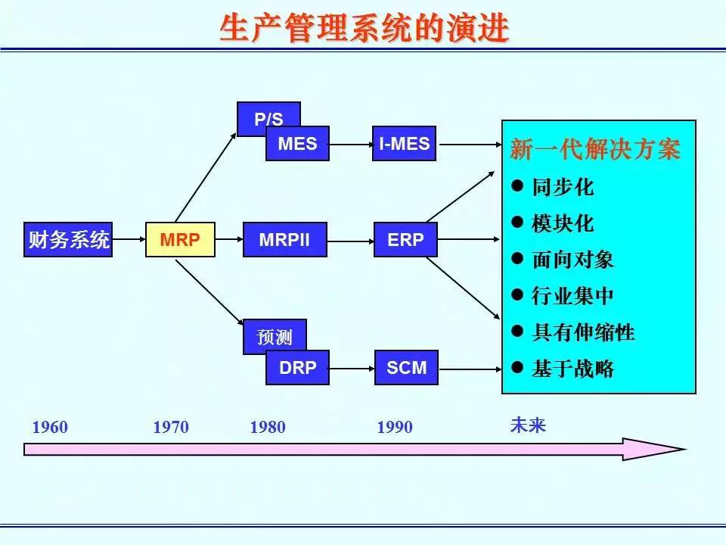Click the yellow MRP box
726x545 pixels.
(180, 240)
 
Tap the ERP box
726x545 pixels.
(405, 240)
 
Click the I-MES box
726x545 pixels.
(405, 144)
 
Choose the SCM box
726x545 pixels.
(406, 368)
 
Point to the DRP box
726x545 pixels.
(297, 368)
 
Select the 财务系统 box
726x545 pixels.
(68, 240)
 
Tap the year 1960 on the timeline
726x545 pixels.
(50, 428)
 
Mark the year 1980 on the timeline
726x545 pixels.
(268, 428)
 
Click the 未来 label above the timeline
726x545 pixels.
(528, 425)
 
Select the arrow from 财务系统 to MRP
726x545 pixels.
(129, 240)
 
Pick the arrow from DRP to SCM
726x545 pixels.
(352, 368)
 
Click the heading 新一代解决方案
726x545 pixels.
(595, 150)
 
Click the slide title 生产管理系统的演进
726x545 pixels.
(364, 29)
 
